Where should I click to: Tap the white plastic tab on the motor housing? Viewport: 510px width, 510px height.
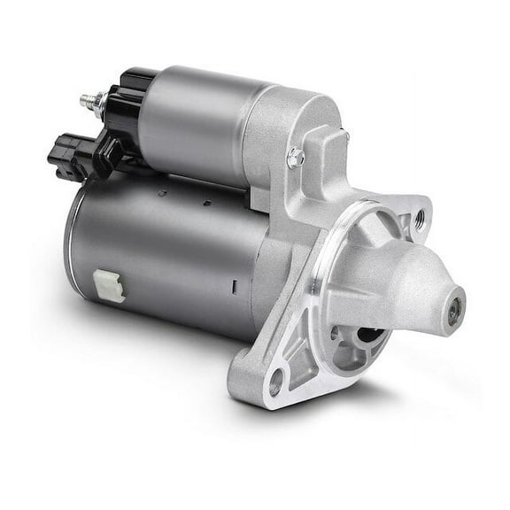coord(109,285)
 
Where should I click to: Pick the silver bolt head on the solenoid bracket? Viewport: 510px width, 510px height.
coord(296,158)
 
